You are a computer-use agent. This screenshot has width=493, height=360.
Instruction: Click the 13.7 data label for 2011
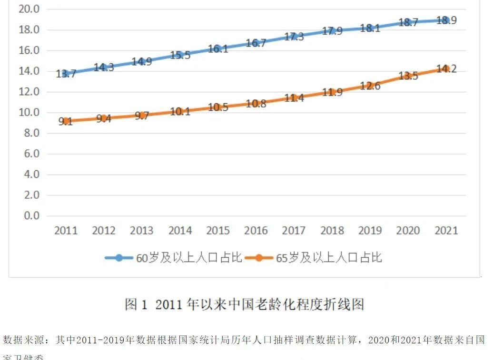66,74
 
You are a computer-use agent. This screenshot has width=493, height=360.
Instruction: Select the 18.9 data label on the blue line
446,20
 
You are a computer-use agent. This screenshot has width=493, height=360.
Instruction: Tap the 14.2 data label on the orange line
446,69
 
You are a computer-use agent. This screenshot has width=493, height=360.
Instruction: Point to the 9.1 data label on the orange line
66,121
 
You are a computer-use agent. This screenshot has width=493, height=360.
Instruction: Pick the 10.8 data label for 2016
256,104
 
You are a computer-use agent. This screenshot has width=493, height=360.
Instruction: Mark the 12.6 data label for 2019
370,86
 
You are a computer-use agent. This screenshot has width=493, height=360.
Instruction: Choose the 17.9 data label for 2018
332,31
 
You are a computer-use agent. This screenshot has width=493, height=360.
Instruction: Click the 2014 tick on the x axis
180,231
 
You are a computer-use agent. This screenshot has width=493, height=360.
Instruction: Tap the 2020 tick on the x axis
408,231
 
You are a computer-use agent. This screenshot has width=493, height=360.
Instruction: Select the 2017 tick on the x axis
294,231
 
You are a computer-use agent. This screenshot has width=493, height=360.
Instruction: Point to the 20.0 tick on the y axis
29,9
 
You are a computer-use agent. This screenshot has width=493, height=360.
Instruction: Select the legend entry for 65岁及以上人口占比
329,258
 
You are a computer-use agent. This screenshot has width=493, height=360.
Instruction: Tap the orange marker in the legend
259,258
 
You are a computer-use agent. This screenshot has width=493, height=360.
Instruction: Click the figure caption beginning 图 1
244,304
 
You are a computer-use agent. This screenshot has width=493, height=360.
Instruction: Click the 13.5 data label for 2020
408,76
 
